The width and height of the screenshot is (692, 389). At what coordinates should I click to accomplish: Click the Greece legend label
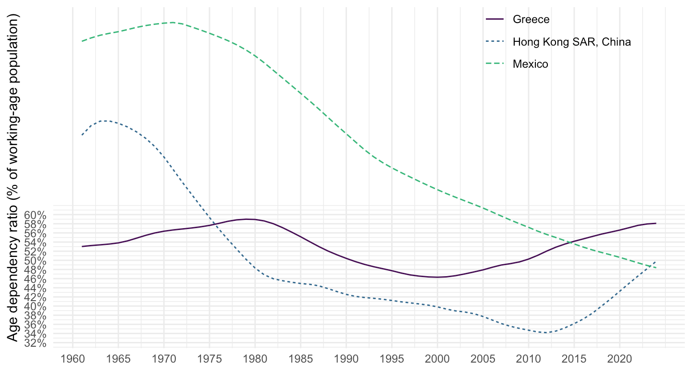531,19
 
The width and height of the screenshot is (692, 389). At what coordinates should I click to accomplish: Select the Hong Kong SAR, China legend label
571,42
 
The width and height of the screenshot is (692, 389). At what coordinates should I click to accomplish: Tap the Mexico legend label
530,64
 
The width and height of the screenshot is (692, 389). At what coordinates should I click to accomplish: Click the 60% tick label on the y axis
36,215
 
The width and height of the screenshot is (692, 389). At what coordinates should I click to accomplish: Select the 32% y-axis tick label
36,343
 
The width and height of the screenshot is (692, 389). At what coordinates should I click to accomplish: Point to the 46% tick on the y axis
36,279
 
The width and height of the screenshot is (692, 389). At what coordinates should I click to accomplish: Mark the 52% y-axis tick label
36,252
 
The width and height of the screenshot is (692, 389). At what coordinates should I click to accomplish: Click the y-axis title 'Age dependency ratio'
13,178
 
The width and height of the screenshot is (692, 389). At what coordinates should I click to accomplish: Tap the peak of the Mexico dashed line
173,23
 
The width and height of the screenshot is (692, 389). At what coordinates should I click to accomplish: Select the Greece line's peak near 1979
246,219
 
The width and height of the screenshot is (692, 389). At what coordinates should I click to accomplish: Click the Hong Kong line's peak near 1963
104,121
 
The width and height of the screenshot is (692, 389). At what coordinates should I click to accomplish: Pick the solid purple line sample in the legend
495,19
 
